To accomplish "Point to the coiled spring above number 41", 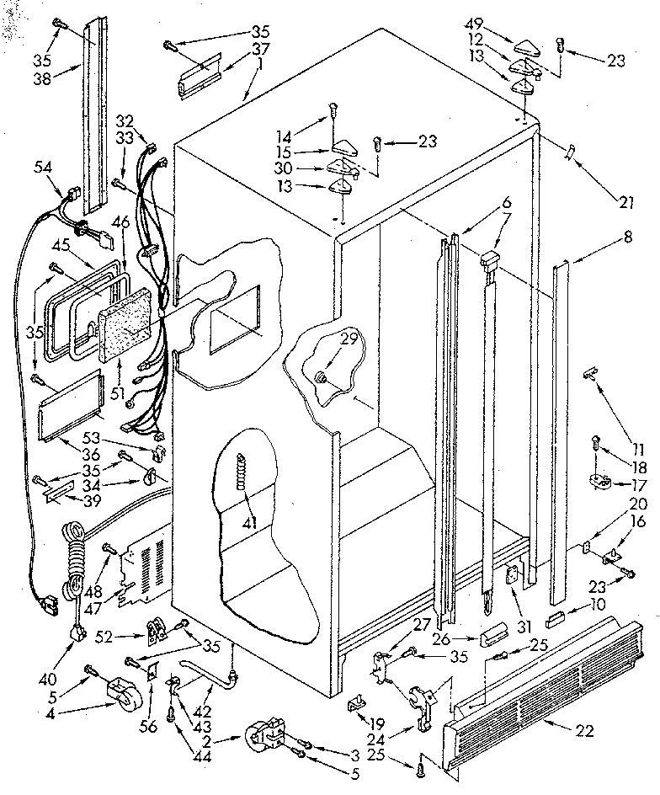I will tap(245, 471).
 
